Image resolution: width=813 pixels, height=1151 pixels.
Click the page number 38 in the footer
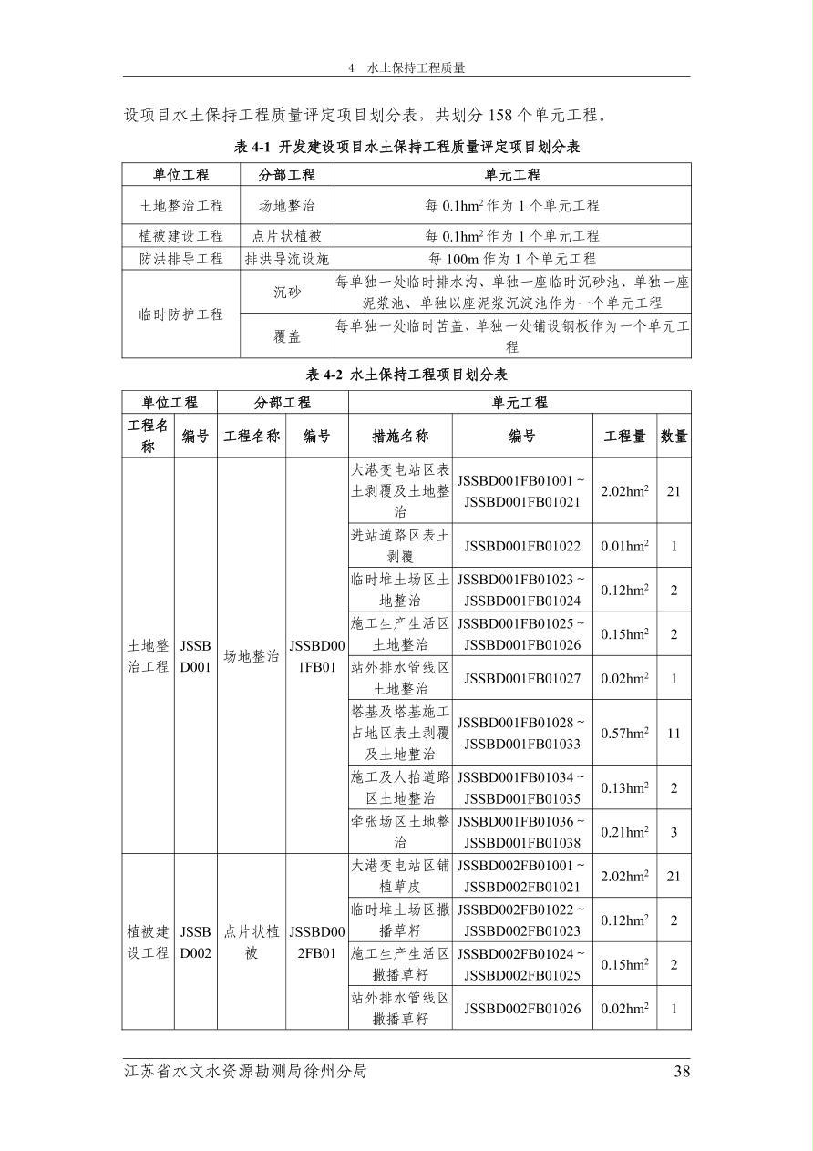click(x=682, y=1072)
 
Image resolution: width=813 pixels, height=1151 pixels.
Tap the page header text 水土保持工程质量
click(x=416, y=68)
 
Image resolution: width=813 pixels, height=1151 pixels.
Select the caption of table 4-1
click(x=406, y=147)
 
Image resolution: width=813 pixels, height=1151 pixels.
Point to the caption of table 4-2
click(x=406, y=375)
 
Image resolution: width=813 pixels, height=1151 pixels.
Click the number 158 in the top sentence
click(x=504, y=115)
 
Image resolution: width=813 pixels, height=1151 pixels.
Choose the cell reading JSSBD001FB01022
click(x=522, y=546)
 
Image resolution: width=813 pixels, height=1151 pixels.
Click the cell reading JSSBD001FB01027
click(x=522, y=678)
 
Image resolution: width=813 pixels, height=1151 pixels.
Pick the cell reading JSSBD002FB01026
click(x=522, y=1008)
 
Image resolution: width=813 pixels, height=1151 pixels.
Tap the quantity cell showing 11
click(x=674, y=733)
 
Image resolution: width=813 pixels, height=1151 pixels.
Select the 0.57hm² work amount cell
click(x=624, y=733)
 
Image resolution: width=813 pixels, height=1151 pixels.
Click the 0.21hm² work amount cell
click(x=624, y=832)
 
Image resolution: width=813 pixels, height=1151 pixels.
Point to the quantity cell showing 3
click(x=674, y=832)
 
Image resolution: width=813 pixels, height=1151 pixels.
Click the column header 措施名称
click(x=400, y=437)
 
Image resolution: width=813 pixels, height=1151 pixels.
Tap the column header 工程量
click(x=624, y=437)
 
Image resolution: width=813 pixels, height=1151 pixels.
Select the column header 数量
click(x=674, y=437)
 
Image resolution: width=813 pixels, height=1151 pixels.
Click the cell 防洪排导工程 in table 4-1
click(x=180, y=259)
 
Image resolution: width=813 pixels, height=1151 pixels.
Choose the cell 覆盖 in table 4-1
click(x=286, y=336)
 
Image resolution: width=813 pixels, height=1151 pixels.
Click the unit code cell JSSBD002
click(x=195, y=942)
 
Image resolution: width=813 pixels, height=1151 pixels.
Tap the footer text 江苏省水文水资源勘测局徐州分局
click(x=246, y=1072)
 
